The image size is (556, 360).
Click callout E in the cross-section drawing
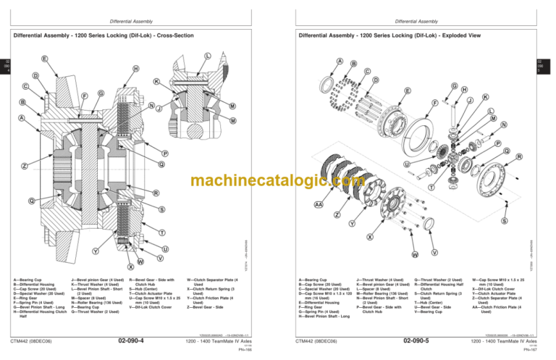(x=45, y=59)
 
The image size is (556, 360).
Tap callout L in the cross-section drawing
(x=208, y=56)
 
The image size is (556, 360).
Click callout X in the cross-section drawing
(x=130, y=267)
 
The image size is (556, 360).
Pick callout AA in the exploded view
(x=319, y=205)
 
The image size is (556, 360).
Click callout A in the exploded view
(x=341, y=61)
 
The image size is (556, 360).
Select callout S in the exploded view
(x=504, y=220)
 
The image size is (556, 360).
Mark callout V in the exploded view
(x=434, y=252)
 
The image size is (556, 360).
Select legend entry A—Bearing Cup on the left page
(x=29, y=277)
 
